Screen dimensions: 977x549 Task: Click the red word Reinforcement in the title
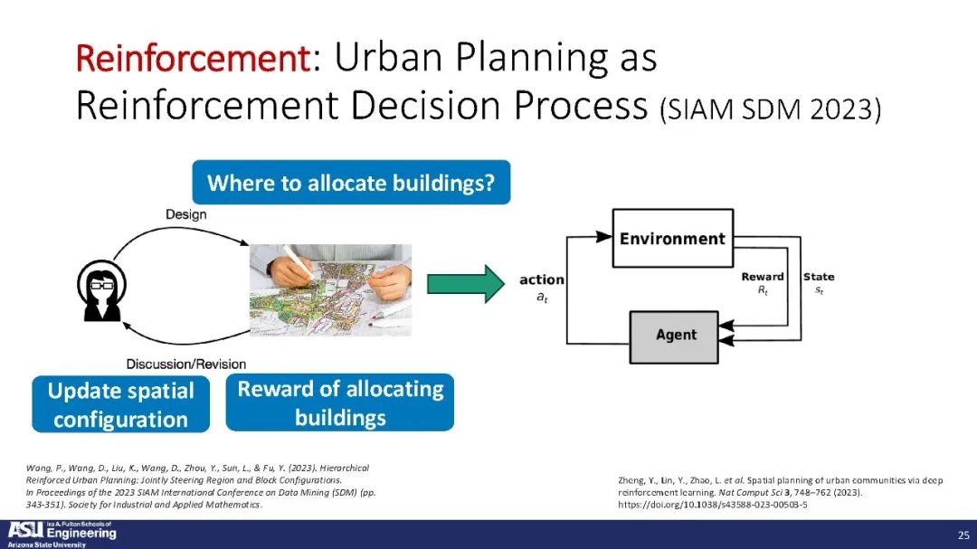click(193, 58)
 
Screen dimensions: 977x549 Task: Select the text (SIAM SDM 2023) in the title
click(770, 109)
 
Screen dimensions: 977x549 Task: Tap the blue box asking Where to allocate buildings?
click(351, 183)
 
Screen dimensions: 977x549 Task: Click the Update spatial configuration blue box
click(121, 404)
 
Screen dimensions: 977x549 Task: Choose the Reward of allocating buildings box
click(340, 402)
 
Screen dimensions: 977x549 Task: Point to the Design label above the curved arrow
click(185, 214)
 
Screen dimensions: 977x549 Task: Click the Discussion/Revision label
click(185, 364)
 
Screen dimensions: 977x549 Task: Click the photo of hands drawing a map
click(330, 289)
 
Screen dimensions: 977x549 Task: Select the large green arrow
click(466, 284)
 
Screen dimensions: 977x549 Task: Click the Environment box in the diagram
click(673, 238)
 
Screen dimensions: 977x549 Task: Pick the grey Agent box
click(674, 337)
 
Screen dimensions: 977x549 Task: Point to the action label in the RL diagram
click(542, 279)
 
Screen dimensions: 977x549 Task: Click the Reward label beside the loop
click(762, 277)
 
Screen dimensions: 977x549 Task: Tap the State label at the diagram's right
click(819, 277)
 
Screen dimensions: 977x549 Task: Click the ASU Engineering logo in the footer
click(62, 534)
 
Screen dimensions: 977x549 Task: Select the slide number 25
click(963, 535)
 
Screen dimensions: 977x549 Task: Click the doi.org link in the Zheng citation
click(712, 505)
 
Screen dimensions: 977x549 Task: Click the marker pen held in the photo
click(298, 261)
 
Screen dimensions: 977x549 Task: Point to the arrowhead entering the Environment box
click(603, 236)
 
